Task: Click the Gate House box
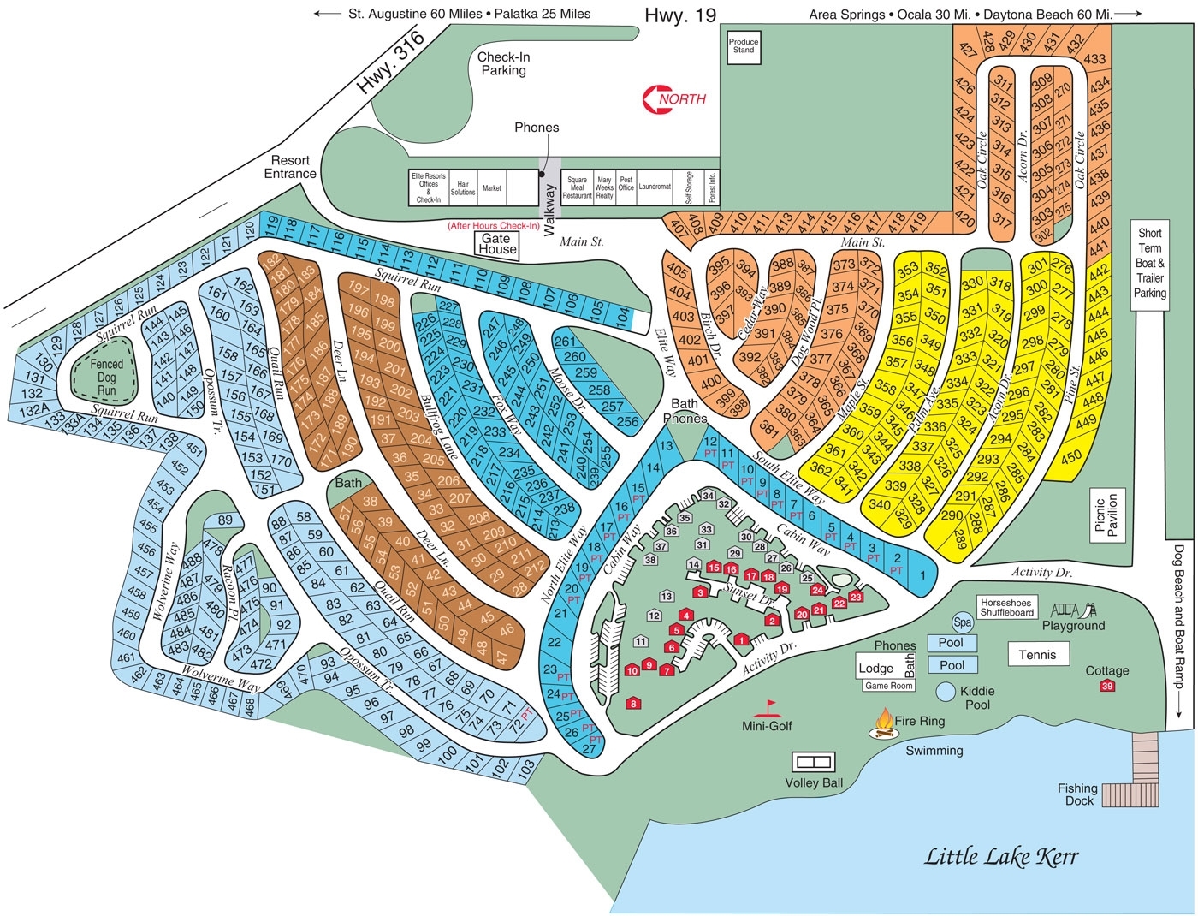tap(497, 244)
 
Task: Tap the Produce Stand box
tap(744, 46)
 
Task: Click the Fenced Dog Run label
tap(107, 377)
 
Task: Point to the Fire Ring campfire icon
tap(882, 724)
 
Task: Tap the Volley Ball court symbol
tap(813, 761)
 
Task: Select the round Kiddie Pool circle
tap(946, 691)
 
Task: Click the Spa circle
tap(962, 623)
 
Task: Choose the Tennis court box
tap(1037, 655)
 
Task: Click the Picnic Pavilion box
tap(1106, 516)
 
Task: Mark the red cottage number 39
tap(1107, 686)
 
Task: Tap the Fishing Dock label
tap(1077, 794)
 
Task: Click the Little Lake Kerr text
tap(1001, 856)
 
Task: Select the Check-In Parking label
tap(503, 63)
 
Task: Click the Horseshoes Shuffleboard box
tap(1007, 608)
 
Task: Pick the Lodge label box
tap(876, 669)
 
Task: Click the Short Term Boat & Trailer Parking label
tap(1149, 263)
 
